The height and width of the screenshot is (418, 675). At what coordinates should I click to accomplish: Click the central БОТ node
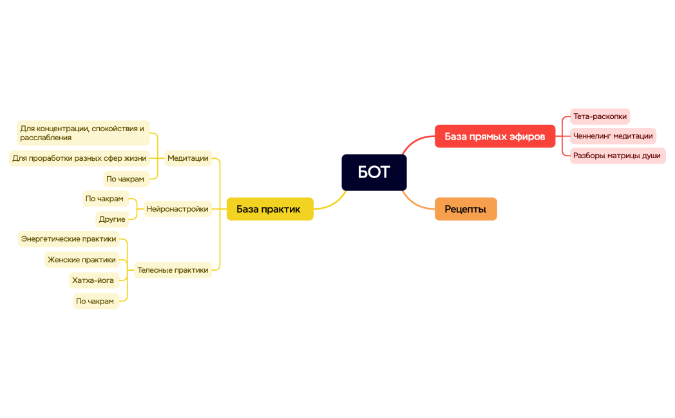[x=374, y=172]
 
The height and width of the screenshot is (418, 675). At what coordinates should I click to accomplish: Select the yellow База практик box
[x=269, y=209]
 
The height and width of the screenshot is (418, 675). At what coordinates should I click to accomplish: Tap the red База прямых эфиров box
[x=494, y=136]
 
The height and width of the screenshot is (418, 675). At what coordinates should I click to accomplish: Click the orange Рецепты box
[x=465, y=209]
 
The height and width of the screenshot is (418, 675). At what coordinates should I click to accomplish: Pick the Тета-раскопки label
[x=599, y=116]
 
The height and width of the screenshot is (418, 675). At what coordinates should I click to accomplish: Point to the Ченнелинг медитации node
[x=613, y=136]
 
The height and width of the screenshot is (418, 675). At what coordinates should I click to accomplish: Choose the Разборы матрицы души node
[x=616, y=156]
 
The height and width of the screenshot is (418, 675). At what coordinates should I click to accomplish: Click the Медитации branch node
[x=187, y=158]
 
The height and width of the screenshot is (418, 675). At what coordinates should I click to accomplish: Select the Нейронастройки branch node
[x=177, y=209]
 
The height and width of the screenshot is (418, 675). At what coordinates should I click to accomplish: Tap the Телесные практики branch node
[x=173, y=270]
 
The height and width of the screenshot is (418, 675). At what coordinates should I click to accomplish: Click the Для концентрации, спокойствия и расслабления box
[x=82, y=133]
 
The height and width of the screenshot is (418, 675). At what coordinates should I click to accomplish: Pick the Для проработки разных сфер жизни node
[x=79, y=158]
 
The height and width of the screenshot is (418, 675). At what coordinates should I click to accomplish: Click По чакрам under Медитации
[x=125, y=179]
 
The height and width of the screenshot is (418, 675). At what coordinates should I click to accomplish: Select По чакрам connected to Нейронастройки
[x=104, y=199]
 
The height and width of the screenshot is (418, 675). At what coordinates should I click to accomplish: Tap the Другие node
[x=112, y=219]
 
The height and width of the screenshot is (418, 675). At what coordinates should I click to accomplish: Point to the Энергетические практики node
[x=68, y=239]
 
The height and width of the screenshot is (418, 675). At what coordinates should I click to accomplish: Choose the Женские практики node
[x=81, y=260]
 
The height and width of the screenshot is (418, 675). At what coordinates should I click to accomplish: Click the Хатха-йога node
[x=93, y=280]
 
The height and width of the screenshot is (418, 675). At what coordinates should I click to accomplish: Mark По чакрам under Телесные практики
[x=95, y=301]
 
